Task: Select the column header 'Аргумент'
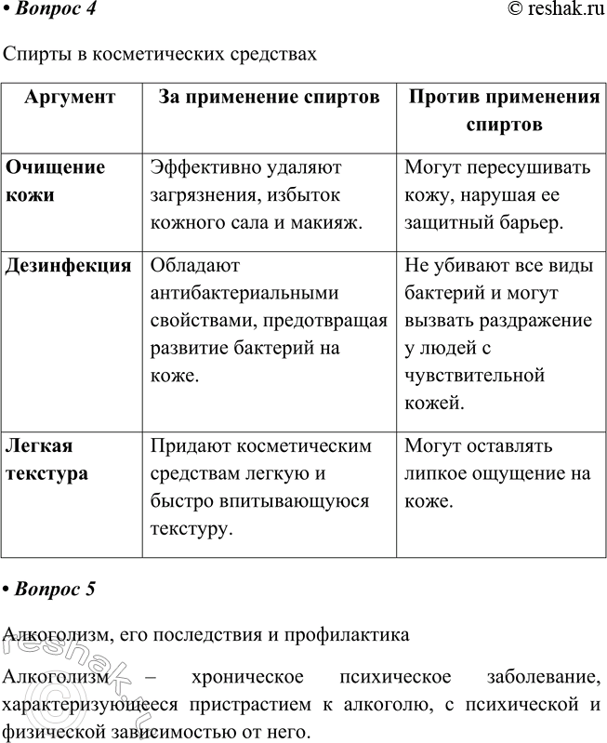pyautogui.click(x=70, y=97)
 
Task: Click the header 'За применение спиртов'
pyautogui.click(x=269, y=97)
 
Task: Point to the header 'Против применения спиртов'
pyautogui.click(x=504, y=110)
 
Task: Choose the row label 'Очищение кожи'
pyautogui.click(x=55, y=180)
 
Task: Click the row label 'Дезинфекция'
pyautogui.click(x=68, y=266)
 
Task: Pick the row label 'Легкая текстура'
pyautogui.click(x=47, y=459)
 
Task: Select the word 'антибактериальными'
pyautogui.click(x=244, y=294)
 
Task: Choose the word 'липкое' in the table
pyautogui.click(x=437, y=473)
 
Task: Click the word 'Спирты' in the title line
pyautogui.click(x=33, y=54)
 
